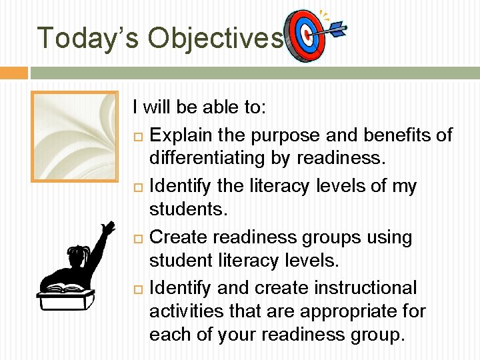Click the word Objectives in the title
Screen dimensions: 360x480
click(x=215, y=38)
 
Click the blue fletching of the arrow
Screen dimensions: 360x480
click(x=337, y=29)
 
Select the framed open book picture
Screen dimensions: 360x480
click(x=75, y=136)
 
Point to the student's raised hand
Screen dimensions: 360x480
click(x=106, y=230)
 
